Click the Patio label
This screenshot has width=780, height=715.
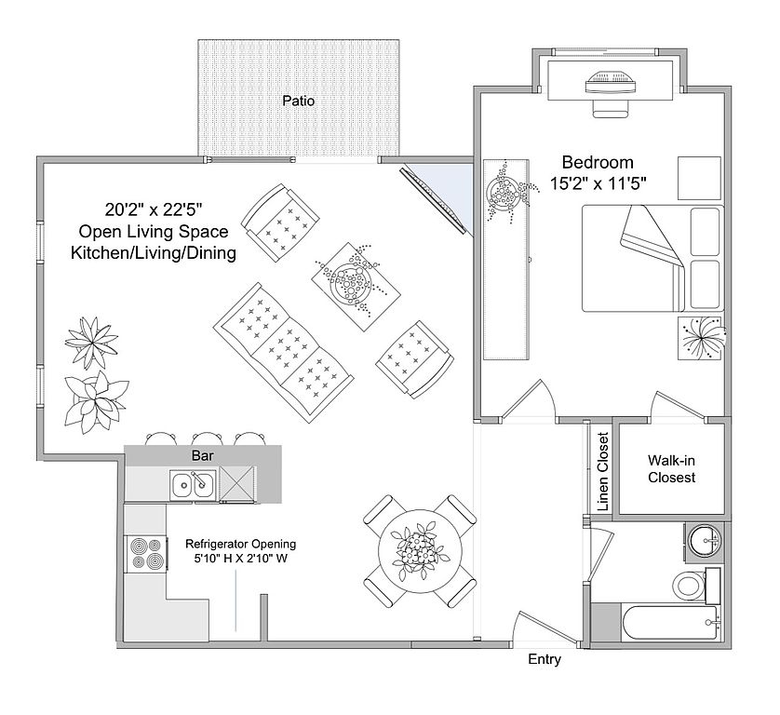[298, 101]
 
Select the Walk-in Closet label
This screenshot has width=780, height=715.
[671, 468]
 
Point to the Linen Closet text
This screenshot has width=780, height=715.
[602, 471]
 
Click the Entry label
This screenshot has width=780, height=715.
[545, 660]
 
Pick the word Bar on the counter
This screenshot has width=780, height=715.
[203, 456]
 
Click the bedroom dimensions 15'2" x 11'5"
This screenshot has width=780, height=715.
[598, 183]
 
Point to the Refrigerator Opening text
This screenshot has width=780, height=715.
[240, 544]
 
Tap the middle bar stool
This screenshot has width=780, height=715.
[204, 437]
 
